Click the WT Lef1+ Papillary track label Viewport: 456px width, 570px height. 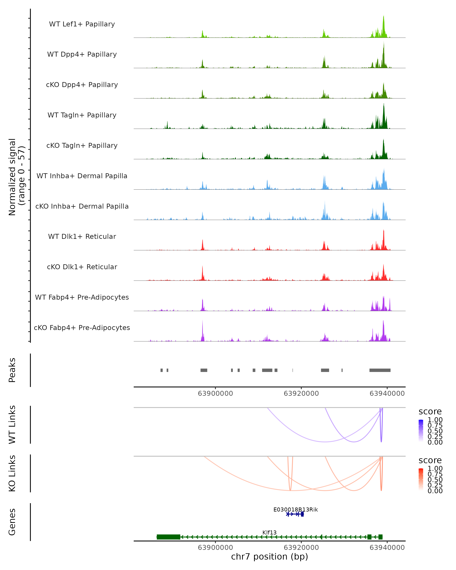point(82,24)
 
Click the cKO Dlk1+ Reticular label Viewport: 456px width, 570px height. point(82,267)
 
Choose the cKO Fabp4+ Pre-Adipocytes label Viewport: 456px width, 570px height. point(82,328)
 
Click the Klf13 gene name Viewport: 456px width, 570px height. point(269,532)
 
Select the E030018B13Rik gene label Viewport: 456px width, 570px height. point(295,509)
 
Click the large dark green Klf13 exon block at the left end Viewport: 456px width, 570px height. point(168,537)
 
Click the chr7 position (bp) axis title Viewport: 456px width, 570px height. point(269,557)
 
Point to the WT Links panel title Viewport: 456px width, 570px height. point(12,425)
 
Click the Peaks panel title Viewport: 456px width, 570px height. point(12,370)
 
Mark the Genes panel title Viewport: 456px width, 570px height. point(12,522)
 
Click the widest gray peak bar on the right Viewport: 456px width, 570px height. point(380,370)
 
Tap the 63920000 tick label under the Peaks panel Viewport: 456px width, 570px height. point(301,393)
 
